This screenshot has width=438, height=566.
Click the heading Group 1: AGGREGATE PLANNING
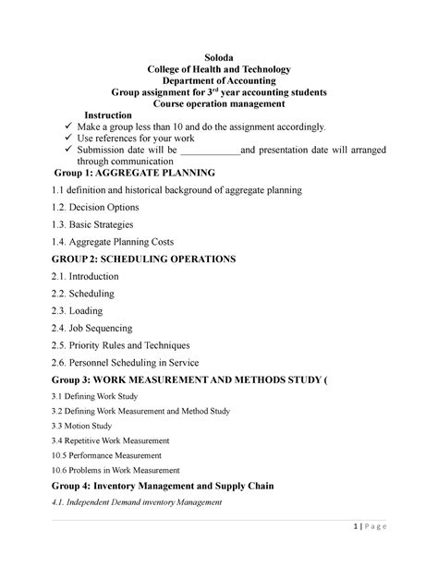pyautogui.click(x=135, y=173)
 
